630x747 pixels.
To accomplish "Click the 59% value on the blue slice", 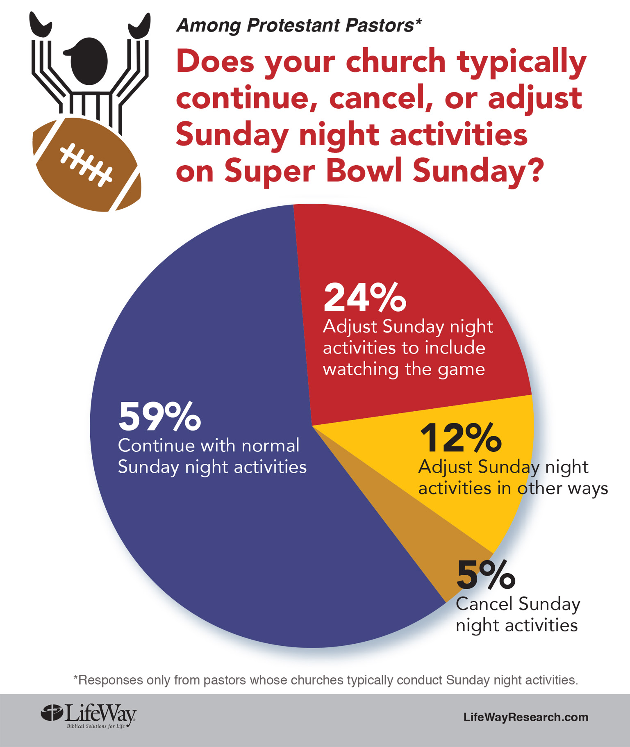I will click(159, 417).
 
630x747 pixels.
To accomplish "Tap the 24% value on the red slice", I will click(364, 298).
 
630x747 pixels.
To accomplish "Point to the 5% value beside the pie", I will click(486, 575).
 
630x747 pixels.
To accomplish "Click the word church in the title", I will click(396, 61).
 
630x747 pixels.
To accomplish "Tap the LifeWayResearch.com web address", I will click(525, 717).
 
